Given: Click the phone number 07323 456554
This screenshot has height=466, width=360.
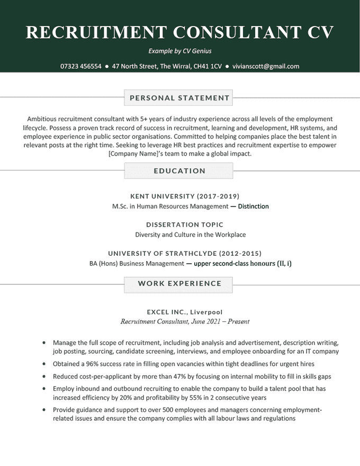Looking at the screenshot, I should tap(81, 67).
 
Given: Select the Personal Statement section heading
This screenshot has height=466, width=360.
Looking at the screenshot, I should tap(179, 98).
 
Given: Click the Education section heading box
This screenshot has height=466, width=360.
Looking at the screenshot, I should tap(179, 171).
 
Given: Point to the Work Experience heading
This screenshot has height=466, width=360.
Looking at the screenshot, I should tap(179, 284).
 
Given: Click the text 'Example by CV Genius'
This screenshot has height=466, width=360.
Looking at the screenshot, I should tap(180, 51).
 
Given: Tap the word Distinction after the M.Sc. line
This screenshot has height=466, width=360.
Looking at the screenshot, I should tap(253, 207).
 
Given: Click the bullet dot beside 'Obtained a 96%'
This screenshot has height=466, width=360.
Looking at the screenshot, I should tap(43, 364).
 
